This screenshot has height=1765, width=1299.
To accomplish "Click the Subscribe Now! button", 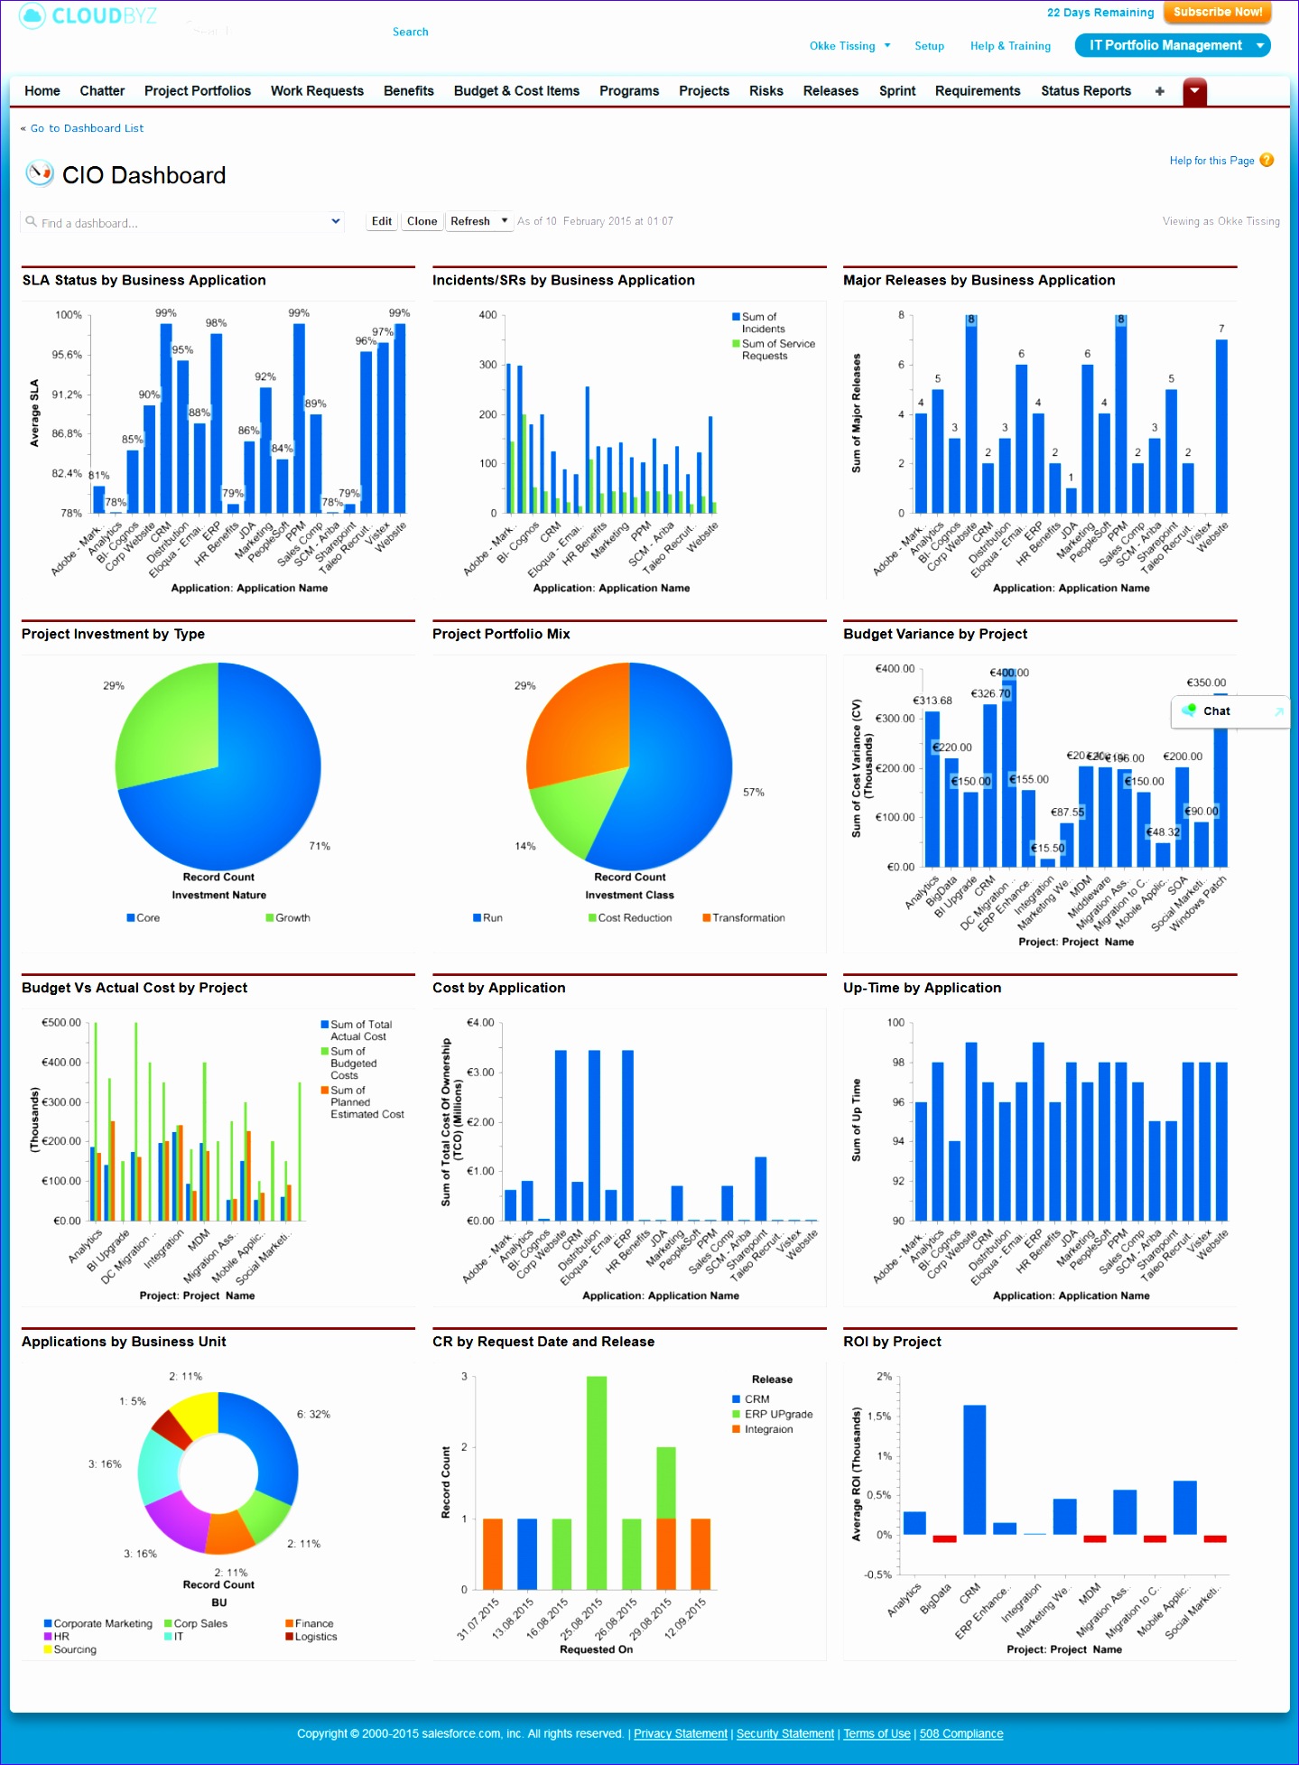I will tap(1217, 13).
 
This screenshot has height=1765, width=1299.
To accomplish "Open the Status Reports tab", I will tap(1085, 91).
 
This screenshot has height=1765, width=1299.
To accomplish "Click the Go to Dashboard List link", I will tap(87, 128).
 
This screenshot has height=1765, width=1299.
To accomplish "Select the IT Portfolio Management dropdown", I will tap(1172, 45).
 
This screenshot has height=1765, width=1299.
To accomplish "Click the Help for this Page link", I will tap(1211, 161).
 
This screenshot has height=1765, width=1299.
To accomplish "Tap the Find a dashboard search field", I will tap(181, 222).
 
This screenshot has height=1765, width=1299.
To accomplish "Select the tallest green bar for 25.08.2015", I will tap(596, 1481).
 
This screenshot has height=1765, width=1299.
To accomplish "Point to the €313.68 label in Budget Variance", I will tap(932, 701).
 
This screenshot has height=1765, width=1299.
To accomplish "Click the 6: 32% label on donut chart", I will tap(313, 1414).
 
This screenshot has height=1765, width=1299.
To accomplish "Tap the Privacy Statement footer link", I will tap(680, 1733).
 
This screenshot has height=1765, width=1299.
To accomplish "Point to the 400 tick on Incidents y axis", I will tap(487, 315).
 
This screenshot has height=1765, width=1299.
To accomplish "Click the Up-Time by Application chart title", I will tap(922, 988).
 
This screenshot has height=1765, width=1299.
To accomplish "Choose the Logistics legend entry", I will tap(315, 1637).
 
